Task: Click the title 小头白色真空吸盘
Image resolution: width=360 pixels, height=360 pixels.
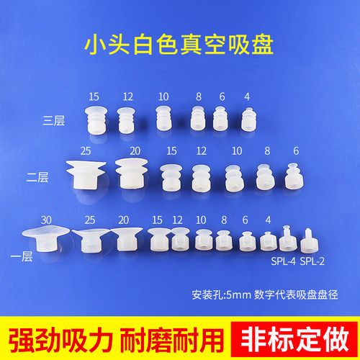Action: pyautogui.click(x=180, y=42)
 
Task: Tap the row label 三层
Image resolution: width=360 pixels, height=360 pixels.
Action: pyautogui.click(x=55, y=121)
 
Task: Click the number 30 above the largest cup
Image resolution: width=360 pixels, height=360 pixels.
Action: pyautogui.click(x=46, y=219)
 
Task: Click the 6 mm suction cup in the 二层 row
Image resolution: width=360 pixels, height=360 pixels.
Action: pyautogui.click(x=294, y=177)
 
